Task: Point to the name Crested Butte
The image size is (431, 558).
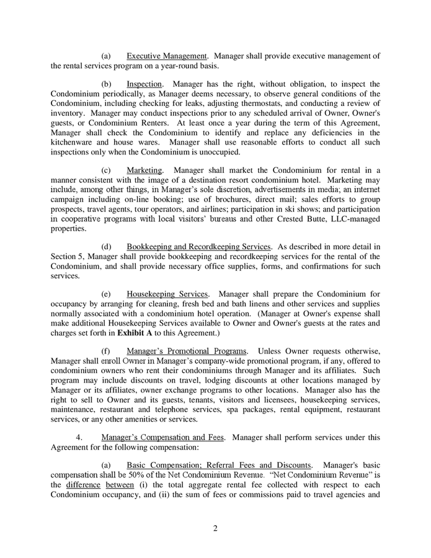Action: point(314,219)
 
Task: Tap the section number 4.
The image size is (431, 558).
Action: point(79,437)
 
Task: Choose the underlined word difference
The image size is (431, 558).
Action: point(84,484)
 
